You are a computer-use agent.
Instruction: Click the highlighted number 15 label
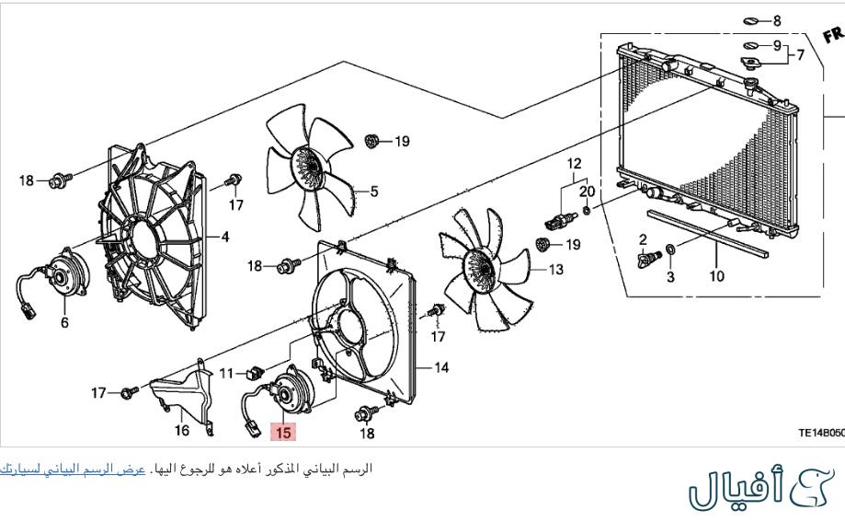tap(282, 431)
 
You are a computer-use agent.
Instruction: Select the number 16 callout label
tap(181, 429)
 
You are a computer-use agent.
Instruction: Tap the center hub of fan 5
tap(308, 168)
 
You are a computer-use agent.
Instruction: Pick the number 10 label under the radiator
tap(716, 275)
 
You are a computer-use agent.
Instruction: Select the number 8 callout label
tap(776, 20)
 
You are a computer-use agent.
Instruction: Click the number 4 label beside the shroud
tap(224, 237)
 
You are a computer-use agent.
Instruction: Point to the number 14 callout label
tap(441, 368)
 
